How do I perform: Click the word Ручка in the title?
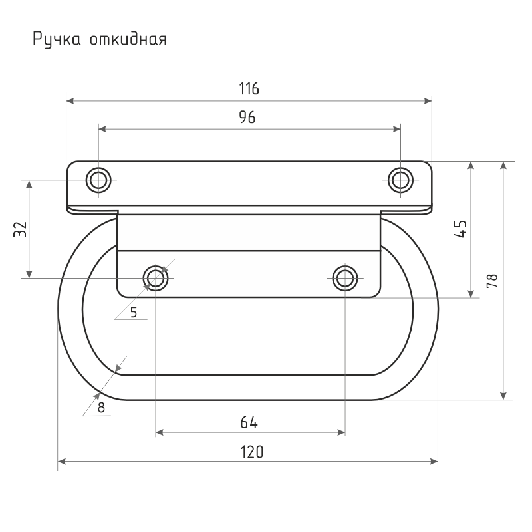pyautogui.click(x=57, y=39)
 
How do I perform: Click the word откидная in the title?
pyautogui.click(x=128, y=39)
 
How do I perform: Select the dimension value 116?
pyautogui.click(x=249, y=88)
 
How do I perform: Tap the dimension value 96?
pyautogui.click(x=247, y=117)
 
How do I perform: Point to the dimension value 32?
pyautogui.click(x=20, y=229)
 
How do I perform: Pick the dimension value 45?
pyautogui.click(x=460, y=229)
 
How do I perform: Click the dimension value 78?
pyautogui.click(x=492, y=281)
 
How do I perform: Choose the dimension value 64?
pyautogui.click(x=249, y=422)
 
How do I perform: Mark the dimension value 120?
pyautogui.click(x=252, y=452)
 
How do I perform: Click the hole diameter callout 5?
pyautogui.click(x=134, y=312)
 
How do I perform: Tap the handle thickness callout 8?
pyautogui.click(x=101, y=408)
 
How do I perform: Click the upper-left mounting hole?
pyautogui.click(x=98, y=180)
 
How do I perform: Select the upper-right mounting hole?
pyautogui.click(x=401, y=180)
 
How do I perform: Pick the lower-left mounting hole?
pyautogui.click(x=156, y=278)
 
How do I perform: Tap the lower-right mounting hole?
pyautogui.click(x=345, y=278)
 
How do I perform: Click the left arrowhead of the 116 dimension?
pyautogui.click(x=70, y=101)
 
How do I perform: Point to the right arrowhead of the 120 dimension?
pyautogui.click(x=434, y=461)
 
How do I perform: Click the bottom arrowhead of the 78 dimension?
pyautogui.click(x=504, y=396)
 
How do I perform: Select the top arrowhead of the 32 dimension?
pyautogui.click(x=29, y=184)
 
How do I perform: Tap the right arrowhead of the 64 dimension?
pyautogui.click(x=341, y=432)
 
